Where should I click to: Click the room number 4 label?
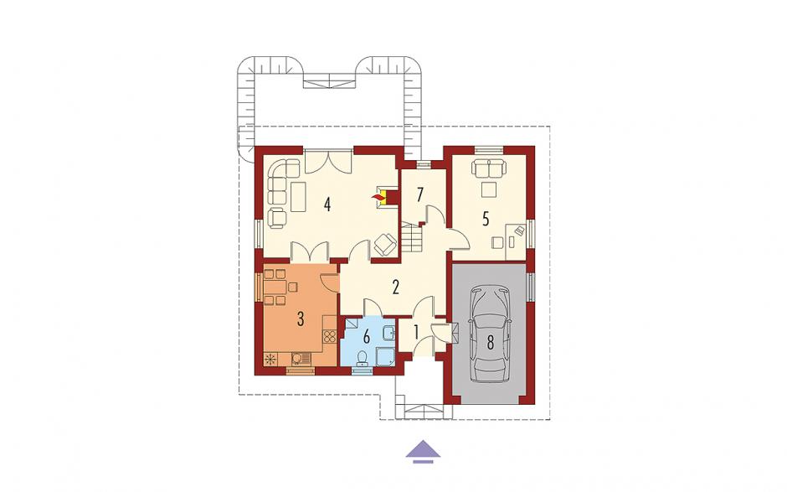pos(327,205)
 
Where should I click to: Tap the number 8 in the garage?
pos(490,342)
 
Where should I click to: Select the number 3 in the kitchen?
pos(301,319)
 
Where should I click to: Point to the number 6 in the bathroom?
pos(367,337)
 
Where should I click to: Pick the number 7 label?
pos(420,194)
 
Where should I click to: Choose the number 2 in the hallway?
pos(395,287)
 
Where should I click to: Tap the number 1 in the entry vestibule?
pos(415,332)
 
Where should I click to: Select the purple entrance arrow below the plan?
pos(423,451)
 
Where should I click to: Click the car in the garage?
pos(490,334)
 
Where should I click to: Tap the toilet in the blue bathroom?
pos(361,357)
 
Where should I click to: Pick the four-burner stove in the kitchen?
pos(329,336)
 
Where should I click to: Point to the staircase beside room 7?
pos(412,239)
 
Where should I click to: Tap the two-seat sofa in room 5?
pos(488,168)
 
